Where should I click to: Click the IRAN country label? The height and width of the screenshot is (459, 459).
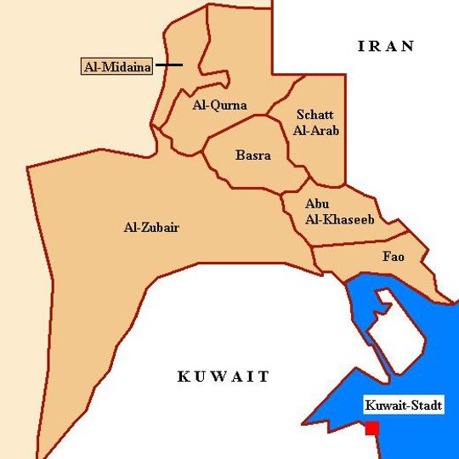click(x=386, y=47)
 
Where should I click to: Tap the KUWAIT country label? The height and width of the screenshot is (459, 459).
click(x=224, y=377)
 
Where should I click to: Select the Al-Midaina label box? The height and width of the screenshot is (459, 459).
click(x=116, y=66)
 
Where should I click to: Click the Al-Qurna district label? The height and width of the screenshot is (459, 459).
click(x=219, y=105)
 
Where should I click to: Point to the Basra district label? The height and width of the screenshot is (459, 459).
click(x=253, y=156)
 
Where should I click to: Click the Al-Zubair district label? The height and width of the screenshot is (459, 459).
click(x=151, y=227)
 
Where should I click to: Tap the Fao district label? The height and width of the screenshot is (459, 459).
click(x=394, y=256)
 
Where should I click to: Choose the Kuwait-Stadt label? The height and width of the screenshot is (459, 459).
click(x=403, y=406)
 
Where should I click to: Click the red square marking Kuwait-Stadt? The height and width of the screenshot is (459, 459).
click(x=371, y=428)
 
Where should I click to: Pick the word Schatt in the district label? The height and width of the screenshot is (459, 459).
click(x=314, y=115)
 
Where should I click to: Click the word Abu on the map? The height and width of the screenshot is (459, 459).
click(x=316, y=204)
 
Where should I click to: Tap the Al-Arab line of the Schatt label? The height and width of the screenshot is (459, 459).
click(x=316, y=131)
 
